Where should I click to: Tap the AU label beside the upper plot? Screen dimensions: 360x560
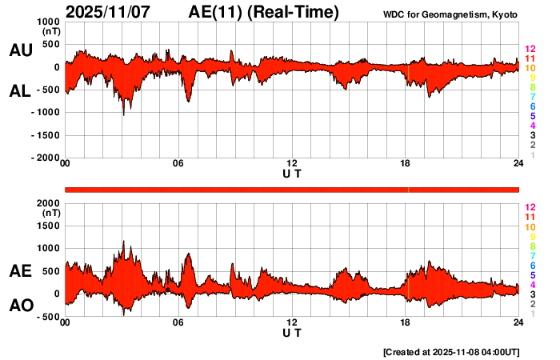click(20, 50)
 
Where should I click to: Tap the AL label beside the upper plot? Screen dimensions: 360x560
click(20, 91)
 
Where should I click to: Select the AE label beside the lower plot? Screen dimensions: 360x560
click(20, 272)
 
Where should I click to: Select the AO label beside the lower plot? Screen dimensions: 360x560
click(20, 306)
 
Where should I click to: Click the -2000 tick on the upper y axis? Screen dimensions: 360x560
click(46, 158)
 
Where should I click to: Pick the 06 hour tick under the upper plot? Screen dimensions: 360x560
click(178, 164)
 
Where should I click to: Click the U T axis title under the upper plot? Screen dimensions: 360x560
click(292, 173)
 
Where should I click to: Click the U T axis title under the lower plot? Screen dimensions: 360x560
click(292, 332)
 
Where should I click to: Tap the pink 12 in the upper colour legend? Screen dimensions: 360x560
click(530, 49)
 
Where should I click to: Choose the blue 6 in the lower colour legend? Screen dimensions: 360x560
click(532, 265)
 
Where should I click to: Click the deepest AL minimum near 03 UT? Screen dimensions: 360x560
click(123, 114)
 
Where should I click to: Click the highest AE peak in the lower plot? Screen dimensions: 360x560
click(123, 241)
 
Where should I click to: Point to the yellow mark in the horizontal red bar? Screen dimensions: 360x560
click(408, 189)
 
